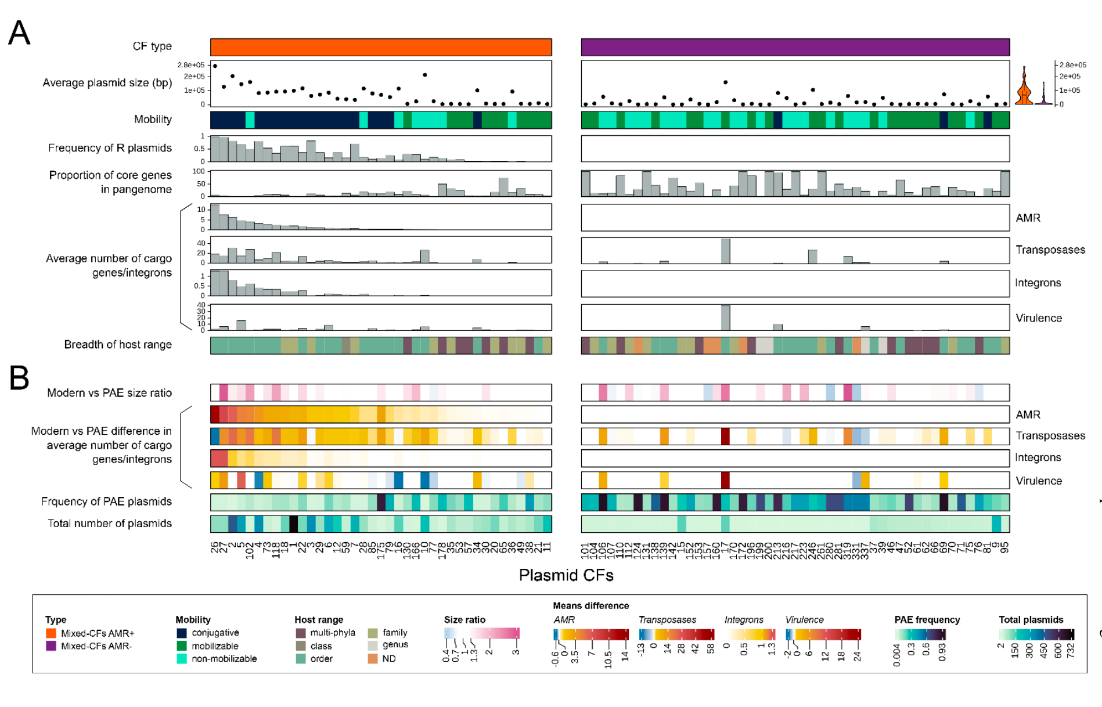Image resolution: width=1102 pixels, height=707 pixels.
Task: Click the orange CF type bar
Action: (x=380, y=47)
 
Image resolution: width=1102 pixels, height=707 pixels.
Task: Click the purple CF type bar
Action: (x=795, y=47)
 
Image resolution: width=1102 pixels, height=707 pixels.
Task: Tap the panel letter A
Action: (x=19, y=34)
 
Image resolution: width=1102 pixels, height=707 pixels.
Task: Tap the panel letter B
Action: (x=19, y=378)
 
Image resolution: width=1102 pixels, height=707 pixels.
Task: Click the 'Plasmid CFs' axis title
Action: (x=566, y=575)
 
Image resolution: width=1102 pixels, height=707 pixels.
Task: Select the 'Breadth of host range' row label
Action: (x=117, y=345)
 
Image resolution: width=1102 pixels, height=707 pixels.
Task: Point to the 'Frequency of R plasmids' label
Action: (x=110, y=148)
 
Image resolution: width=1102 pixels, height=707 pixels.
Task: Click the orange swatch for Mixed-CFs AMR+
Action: (x=51, y=633)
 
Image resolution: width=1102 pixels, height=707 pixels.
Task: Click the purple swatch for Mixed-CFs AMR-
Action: (x=51, y=645)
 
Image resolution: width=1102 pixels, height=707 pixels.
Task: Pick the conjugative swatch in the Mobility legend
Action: (x=182, y=633)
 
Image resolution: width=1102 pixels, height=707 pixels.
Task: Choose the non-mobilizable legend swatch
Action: (x=182, y=659)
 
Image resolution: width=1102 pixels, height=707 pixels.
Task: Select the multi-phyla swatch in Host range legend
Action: (x=301, y=633)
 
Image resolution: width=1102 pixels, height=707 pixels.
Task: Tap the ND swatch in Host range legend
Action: (x=373, y=659)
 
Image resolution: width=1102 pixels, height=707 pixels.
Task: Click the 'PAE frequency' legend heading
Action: (x=927, y=620)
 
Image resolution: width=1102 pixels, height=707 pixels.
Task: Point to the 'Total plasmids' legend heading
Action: (x=1031, y=620)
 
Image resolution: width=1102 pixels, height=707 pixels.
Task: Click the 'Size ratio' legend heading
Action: (x=464, y=620)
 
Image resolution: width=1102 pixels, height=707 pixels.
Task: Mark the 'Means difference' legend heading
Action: (x=590, y=605)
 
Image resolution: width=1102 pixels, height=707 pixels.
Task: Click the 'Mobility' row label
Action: (x=153, y=120)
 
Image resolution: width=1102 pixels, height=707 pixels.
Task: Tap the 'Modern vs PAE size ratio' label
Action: (x=109, y=393)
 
